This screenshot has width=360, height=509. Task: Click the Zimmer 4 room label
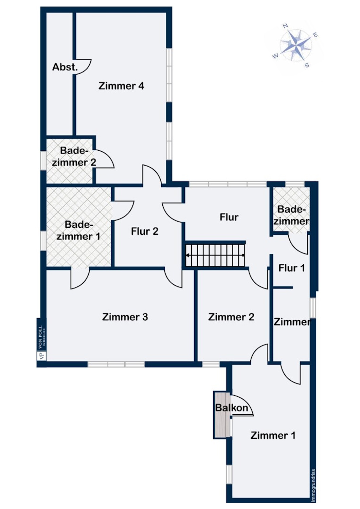click(x=121, y=86)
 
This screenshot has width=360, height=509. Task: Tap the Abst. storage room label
click(x=65, y=67)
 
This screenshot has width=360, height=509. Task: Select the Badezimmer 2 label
click(x=74, y=156)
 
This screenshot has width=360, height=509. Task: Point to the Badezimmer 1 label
click(x=78, y=230)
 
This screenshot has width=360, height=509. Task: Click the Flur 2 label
click(x=145, y=231)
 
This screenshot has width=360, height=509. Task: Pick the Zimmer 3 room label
click(x=125, y=317)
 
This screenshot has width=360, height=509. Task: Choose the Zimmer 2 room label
click(x=231, y=317)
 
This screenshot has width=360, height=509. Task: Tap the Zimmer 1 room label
click(x=273, y=435)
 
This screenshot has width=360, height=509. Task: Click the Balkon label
click(x=232, y=408)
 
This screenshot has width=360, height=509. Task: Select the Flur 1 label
click(x=291, y=268)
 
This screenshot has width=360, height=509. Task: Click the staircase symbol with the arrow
click(x=215, y=255)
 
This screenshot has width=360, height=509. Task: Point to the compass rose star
click(x=296, y=45)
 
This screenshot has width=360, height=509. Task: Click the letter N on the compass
click(x=285, y=26)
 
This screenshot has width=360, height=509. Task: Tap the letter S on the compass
click(x=307, y=65)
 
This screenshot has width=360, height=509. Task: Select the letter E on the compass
click(x=316, y=35)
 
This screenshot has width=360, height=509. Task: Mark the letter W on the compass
click(x=275, y=56)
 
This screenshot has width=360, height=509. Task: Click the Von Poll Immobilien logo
click(x=41, y=343)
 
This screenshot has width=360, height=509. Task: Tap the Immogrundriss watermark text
click(x=313, y=485)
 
